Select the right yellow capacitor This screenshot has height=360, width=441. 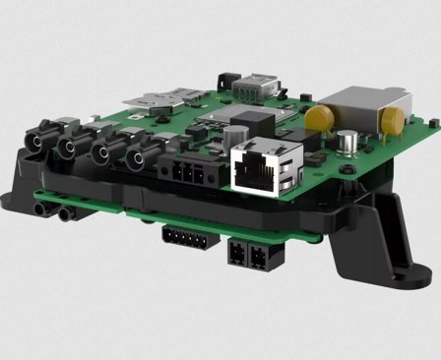click(391, 121)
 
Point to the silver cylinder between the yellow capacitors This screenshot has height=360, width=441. click(350, 143)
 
